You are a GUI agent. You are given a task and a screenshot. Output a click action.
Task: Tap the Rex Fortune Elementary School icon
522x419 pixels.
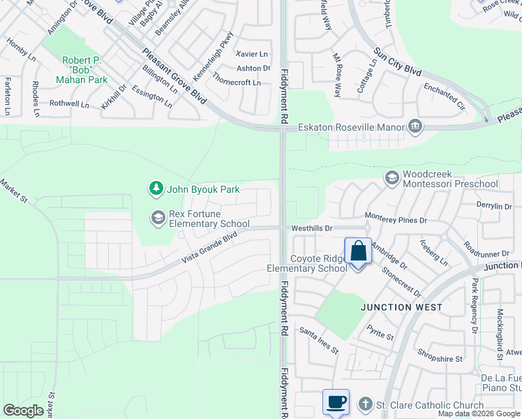[x=158, y=219]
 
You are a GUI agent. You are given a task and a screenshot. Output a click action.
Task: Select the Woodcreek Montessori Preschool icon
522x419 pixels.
[x=391, y=179]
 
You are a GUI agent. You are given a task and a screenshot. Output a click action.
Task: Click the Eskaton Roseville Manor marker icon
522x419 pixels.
[x=415, y=126]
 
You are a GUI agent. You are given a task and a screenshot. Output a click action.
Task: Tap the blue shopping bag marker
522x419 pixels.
[x=358, y=251]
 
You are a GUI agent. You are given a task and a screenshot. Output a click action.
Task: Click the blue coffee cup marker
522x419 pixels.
[x=336, y=403]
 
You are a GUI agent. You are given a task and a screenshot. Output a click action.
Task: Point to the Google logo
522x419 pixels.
[x=24, y=411]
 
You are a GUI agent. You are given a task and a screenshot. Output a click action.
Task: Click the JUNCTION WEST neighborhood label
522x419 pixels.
[x=401, y=307]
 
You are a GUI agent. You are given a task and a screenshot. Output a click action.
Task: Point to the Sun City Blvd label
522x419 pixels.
[x=398, y=62]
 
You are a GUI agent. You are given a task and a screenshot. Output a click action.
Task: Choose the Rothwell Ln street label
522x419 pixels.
[x=69, y=104]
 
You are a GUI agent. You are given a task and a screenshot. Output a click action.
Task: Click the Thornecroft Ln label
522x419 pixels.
[x=237, y=82]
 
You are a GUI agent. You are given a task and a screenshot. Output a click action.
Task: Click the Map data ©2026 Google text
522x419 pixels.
[x=479, y=413]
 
